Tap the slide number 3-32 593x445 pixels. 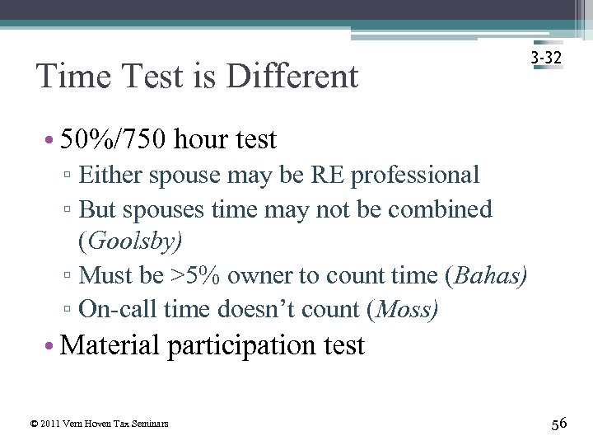coord(547,59)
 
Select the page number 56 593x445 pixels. coord(558,424)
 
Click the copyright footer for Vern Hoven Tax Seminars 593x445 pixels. coord(99,424)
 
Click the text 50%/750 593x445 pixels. coord(114,139)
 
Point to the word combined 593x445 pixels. coord(440,209)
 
